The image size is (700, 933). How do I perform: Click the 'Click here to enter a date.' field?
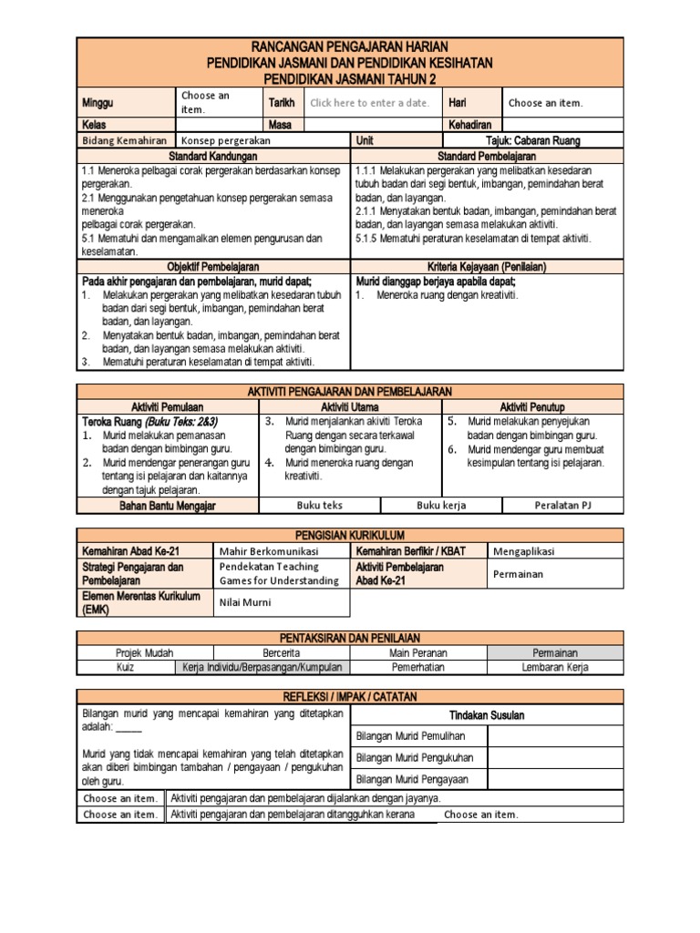pos(369,103)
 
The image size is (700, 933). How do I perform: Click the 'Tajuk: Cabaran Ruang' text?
pos(533,141)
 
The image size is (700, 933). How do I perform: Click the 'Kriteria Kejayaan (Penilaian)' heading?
pos(488,267)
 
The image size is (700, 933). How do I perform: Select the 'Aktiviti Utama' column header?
pos(351,406)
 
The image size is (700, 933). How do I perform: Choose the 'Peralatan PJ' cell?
pos(563,506)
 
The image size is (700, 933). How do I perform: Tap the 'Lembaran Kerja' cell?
pos(555,667)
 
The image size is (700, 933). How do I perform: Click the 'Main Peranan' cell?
pos(418,653)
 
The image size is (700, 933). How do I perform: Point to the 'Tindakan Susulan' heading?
pos(487,715)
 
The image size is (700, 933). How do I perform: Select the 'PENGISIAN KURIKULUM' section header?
pos(351,535)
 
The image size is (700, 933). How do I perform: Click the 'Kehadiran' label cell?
pos(469,124)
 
